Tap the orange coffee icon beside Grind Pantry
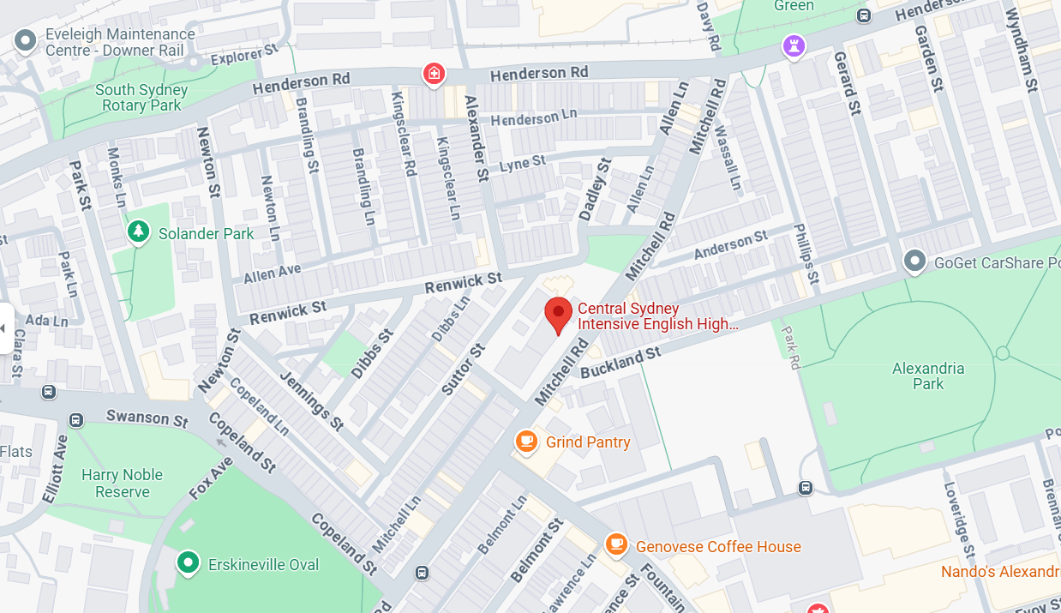(x=525, y=442)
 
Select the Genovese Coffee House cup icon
(x=615, y=544)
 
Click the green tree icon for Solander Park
(x=137, y=231)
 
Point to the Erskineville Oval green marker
(x=187, y=562)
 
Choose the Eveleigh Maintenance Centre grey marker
(x=26, y=40)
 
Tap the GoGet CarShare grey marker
(x=915, y=260)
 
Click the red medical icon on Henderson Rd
(x=435, y=74)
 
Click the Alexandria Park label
(x=927, y=376)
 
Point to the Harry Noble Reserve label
(x=122, y=483)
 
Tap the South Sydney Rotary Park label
(x=141, y=97)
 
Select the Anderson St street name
(x=731, y=246)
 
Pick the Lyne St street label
(x=522, y=163)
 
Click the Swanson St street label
(x=147, y=418)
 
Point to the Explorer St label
(x=244, y=55)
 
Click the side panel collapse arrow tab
(x=6, y=328)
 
